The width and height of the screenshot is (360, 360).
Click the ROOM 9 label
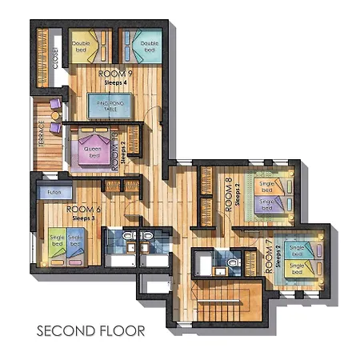point(116,74)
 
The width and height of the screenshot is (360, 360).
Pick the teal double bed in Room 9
point(146,46)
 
